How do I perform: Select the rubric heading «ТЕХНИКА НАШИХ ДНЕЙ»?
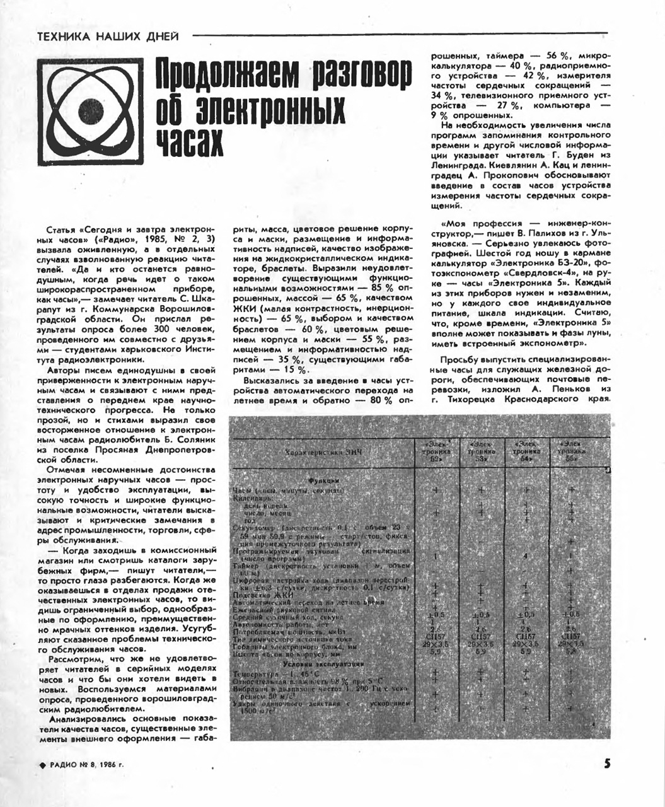click(x=108, y=36)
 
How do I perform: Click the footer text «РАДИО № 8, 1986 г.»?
click(x=86, y=765)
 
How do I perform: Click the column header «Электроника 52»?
click(x=436, y=452)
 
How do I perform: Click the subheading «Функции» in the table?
click(x=324, y=480)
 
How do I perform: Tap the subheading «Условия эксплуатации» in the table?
click(x=324, y=665)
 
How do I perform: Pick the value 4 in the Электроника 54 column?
click(x=525, y=556)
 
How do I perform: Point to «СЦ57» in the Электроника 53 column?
click(x=481, y=637)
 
